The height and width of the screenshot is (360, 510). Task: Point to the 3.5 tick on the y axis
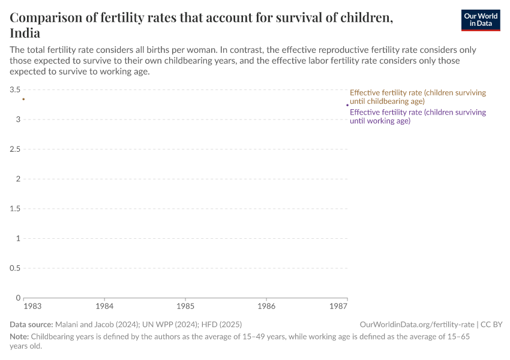(15, 89)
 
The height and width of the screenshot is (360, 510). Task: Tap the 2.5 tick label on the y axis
(15, 149)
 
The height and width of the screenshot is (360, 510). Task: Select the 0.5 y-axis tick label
(15, 268)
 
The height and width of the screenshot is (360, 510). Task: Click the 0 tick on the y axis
(18, 298)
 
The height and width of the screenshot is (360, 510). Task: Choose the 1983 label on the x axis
(32, 307)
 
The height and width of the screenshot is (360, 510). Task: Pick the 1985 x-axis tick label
(185, 307)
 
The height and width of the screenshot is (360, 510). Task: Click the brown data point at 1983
(23, 98)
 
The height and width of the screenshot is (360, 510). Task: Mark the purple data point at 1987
(347, 105)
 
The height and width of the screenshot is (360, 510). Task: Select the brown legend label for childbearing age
(418, 97)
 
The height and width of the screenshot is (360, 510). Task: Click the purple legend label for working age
(418, 116)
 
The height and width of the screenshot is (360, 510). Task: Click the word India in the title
(25, 33)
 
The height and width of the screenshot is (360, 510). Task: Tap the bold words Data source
(31, 324)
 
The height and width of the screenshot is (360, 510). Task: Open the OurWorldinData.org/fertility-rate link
(418, 324)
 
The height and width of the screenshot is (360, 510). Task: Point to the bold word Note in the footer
(19, 337)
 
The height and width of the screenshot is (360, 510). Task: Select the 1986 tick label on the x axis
(266, 307)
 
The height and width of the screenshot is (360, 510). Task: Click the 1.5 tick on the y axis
(15, 208)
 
